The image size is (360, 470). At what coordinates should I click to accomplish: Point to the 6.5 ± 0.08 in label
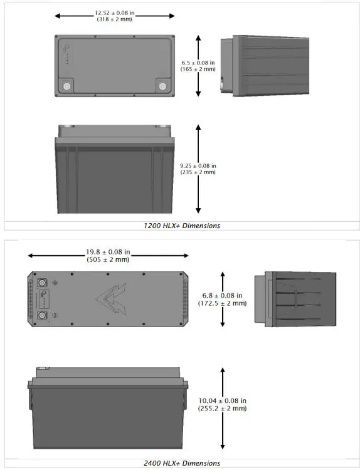198,63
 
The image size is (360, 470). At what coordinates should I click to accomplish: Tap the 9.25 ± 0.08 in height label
198,165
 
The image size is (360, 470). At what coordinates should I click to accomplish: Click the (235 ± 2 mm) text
198,172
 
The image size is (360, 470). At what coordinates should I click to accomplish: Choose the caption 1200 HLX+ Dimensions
180,226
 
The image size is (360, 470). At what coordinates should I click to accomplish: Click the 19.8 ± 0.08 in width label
108,252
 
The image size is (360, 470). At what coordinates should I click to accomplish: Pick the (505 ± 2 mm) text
108,259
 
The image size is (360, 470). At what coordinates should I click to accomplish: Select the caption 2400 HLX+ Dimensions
180,463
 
